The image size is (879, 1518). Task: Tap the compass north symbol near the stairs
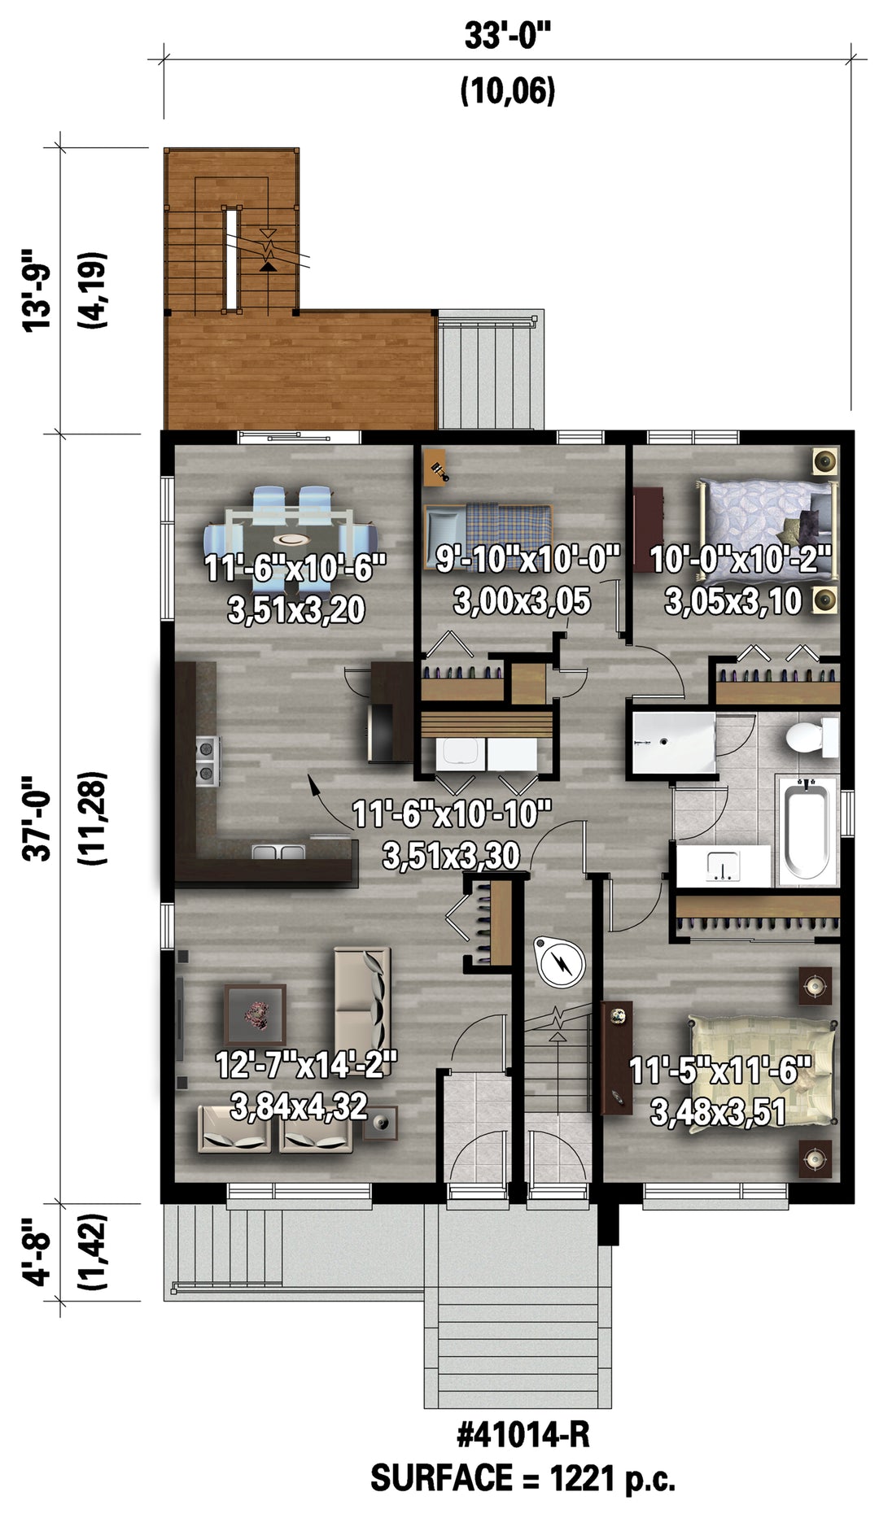coord(560,962)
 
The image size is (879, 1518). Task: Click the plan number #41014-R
coord(523,1434)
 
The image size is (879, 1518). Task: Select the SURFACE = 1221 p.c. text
coord(523,1477)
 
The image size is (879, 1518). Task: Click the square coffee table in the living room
coord(255,1014)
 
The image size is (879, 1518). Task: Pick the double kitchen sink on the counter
coord(278,853)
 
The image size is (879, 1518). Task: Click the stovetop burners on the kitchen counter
coord(207,760)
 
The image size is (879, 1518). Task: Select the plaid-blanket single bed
coord(488,533)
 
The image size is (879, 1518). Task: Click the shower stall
coord(671,743)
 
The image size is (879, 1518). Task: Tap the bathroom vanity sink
coord(723,866)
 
